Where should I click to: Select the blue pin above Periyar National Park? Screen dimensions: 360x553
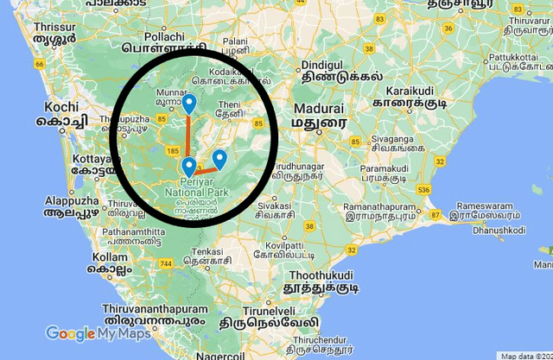tap(189, 167)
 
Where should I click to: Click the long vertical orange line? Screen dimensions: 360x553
tap(189, 138)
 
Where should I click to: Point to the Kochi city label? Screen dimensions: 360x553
tap(61, 108)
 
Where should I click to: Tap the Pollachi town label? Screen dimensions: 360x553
tap(165, 37)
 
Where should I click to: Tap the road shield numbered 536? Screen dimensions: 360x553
tap(423, 189)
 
